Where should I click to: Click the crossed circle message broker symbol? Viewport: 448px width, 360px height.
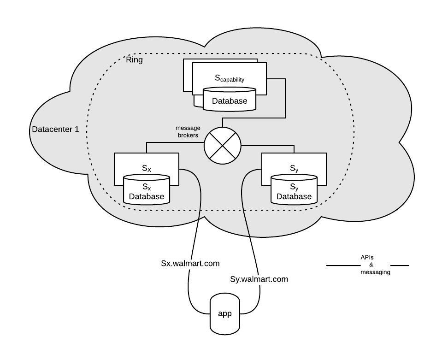[x=223, y=146]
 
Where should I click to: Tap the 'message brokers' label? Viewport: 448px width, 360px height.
[x=187, y=131]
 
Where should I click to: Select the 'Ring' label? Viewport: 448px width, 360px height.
[x=135, y=60]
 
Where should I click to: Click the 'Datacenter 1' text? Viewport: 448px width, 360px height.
[x=55, y=130]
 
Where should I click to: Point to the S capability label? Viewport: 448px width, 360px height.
[x=230, y=79]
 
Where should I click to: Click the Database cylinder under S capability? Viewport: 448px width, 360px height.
[x=230, y=99]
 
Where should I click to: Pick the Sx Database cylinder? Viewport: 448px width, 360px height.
[x=146, y=189]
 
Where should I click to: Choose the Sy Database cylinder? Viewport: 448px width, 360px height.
[x=294, y=189]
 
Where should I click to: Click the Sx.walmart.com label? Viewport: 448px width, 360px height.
[x=190, y=264]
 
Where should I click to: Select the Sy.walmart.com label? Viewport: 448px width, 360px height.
[x=259, y=279]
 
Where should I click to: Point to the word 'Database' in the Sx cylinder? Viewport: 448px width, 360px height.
[x=146, y=197]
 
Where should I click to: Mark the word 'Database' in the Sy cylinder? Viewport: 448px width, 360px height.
[x=294, y=197]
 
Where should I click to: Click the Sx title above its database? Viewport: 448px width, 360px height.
[x=146, y=169]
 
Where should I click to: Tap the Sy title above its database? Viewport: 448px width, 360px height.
[x=294, y=169]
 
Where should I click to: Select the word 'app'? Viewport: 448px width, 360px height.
[x=224, y=314]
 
